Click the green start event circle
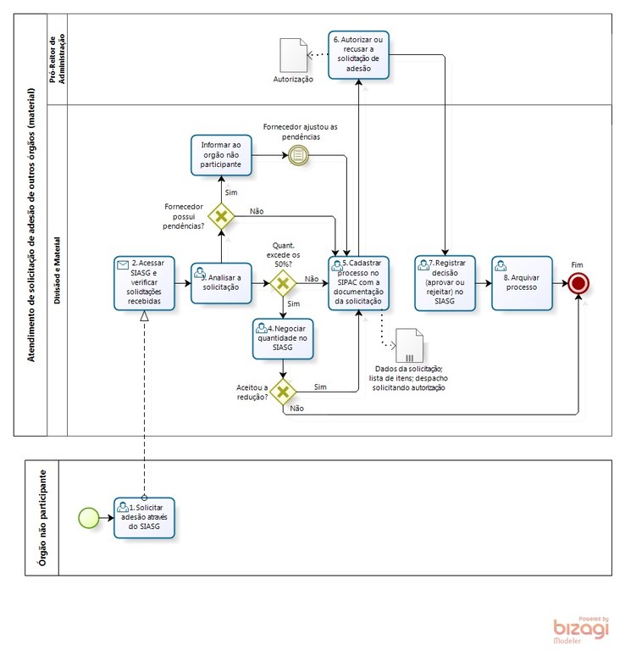[x=88, y=517]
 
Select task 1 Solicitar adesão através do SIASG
[x=144, y=518]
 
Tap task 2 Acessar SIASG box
[x=144, y=282]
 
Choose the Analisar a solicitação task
[x=221, y=282]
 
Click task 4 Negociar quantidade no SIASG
[x=283, y=333]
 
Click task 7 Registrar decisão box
[x=445, y=282]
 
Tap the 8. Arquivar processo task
[x=522, y=282]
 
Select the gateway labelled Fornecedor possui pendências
[x=222, y=216]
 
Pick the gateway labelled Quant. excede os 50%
[x=282, y=283]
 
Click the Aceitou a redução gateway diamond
[x=283, y=391]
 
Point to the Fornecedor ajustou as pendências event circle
[x=297, y=154]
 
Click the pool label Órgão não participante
[x=42, y=517]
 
